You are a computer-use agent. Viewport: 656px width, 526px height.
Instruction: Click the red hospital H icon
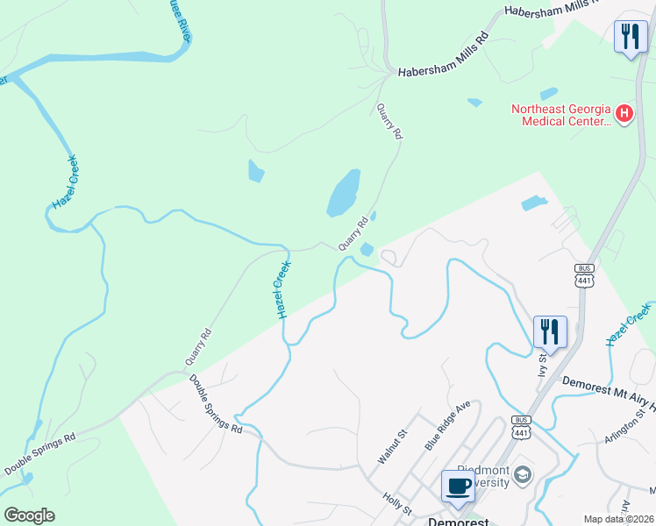point(624,113)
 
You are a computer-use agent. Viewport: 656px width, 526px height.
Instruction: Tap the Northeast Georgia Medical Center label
point(561,115)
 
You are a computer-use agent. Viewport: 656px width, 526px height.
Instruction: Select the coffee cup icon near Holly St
point(457,487)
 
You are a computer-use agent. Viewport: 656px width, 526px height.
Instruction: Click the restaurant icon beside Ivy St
point(550,332)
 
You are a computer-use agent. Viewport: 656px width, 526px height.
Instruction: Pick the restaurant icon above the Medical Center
point(630,37)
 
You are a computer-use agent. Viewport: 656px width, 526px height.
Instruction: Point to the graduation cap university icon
point(523,474)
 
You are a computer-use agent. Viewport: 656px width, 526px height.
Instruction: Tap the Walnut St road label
point(392,446)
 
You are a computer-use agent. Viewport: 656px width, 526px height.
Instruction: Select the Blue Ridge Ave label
point(448,426)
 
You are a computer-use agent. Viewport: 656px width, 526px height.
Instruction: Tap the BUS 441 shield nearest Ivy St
point(584,274)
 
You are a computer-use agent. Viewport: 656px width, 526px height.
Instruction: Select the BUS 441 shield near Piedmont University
point(522,427)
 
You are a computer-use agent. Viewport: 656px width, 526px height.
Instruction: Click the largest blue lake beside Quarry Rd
point(344,193)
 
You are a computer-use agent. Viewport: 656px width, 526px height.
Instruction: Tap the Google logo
point(29,515)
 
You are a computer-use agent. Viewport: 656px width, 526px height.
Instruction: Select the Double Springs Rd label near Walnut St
point(216,403)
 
